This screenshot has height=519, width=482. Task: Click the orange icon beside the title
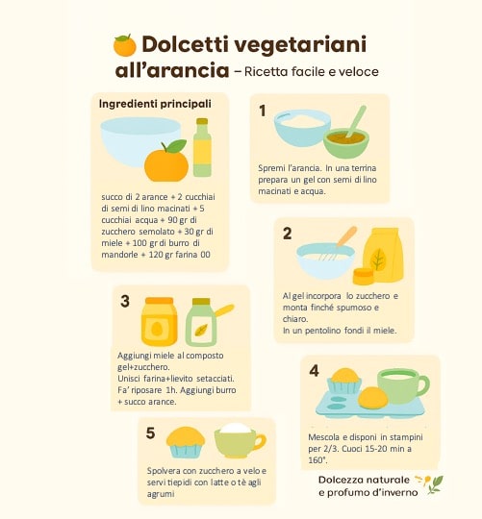tap(125, 45)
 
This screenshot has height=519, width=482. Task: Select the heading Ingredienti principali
tap(155, 104)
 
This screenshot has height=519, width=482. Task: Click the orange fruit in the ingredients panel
tap(166, 161)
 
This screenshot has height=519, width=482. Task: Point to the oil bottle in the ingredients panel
tap(202, 147)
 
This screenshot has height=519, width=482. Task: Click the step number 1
tap(263, 111)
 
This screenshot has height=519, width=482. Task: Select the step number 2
tap(288, 234)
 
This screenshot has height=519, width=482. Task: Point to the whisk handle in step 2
tap(347, 235)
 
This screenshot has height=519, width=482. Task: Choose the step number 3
tap(125, 301)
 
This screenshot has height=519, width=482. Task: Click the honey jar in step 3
tap(159, 321)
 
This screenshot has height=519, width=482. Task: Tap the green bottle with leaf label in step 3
tap(201, 322)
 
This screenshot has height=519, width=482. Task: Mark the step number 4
tap(314, 371)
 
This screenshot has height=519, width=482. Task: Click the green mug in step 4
tap(403, 386)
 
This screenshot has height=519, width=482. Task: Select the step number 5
tap(150, 432)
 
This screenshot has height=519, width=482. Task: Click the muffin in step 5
tap(186, 442)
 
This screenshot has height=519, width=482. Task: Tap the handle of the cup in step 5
tap(261, 442)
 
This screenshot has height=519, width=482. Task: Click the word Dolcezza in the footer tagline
tap(340, 480)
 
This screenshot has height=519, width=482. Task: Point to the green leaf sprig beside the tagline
tap(435, 484)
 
